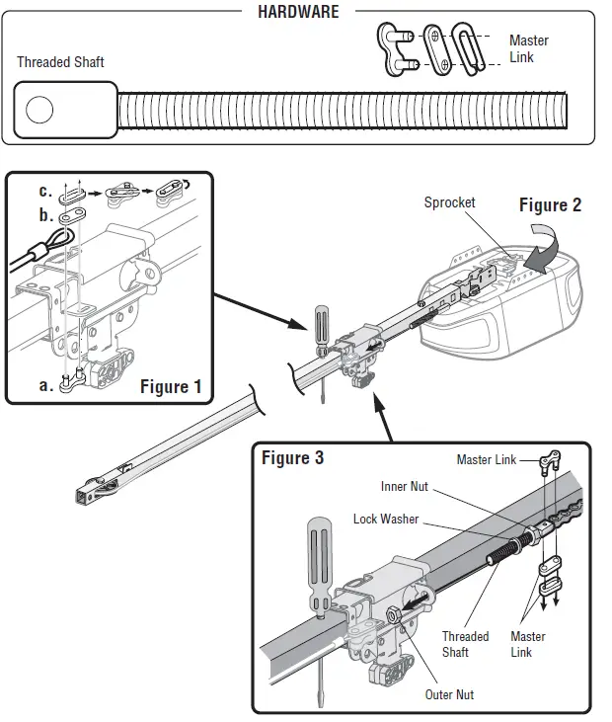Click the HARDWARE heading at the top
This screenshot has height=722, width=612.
pyautogui.click(x=297, y=12)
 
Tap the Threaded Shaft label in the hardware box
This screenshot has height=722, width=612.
pyautogui.click(x=60, y=62)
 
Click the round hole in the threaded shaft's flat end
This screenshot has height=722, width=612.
pyautogui.click(x=39, y=110)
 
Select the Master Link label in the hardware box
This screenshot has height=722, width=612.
pyautogui.click(x=528, y=49)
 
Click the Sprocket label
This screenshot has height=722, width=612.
pyautogui.click(x=449, y=202)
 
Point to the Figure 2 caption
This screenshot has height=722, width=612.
pyautogui.click(x=550, y=205)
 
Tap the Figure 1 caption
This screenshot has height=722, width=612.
pyautogui.click(x=170, y=386)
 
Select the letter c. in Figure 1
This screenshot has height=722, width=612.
pyautogui.click(x=45, y=191)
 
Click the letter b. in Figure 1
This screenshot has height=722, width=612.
pyautogui.click(x=45, y=214)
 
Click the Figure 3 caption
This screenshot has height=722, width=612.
pyautogui.click(x=292, y=458)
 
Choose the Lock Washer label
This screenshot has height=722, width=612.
pyautogui.click(x=386, y=519)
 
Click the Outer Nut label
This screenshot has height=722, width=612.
pyautogui.click(x=449, y=694)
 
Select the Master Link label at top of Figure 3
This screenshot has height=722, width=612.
pyautogui.click(x=487, y=459)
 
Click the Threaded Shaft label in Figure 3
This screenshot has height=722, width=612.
pyautogui.click(x=465, y=644)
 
